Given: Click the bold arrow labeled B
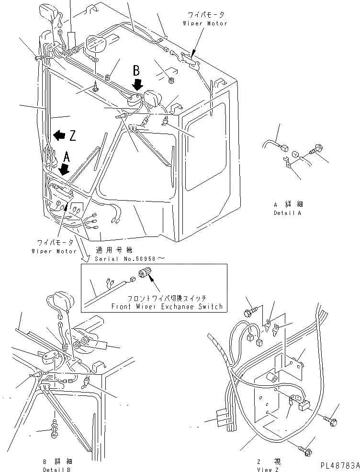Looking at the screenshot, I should point(137,85).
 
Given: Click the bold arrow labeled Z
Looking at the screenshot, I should point(59,135).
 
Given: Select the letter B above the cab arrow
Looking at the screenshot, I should point(136,71).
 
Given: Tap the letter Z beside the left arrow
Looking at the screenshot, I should point(72,136).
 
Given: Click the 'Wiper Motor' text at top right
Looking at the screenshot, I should point(205,23).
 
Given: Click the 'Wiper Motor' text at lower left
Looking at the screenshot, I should point(54,251).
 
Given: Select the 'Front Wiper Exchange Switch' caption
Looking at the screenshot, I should point(167,306).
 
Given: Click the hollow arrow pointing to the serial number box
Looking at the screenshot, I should point(86,257).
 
